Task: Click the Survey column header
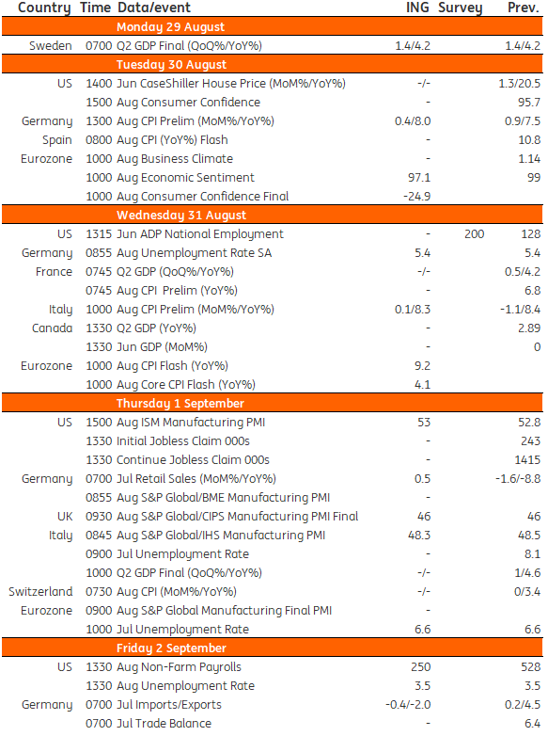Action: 460,8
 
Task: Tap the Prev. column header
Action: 524,8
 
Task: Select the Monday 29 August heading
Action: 171,27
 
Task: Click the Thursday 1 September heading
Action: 180,404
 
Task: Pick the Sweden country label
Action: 51,46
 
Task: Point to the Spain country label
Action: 57,140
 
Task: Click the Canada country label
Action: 52,328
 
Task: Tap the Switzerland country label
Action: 40,591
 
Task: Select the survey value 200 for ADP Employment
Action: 475,234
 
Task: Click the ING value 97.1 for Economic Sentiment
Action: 419,178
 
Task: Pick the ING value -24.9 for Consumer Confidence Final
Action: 416,197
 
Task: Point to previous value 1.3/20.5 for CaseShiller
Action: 520,84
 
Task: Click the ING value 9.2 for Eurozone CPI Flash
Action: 422,366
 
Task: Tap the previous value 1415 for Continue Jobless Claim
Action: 527,460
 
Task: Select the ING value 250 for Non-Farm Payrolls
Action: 420,667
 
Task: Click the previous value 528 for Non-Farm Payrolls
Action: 531,667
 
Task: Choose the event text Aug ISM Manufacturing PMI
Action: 191,423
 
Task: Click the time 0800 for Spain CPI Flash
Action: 99,140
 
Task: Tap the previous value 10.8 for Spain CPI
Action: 529,140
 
